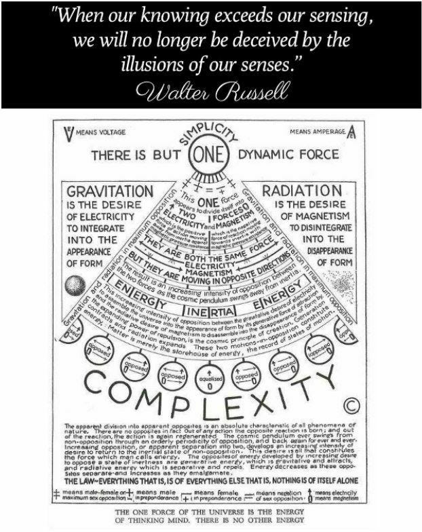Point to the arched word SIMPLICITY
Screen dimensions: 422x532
coord(212,134)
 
